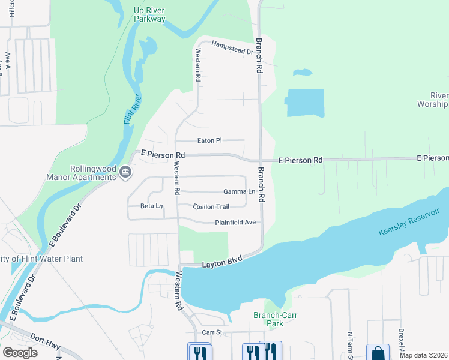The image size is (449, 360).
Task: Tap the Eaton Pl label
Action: point(210,140)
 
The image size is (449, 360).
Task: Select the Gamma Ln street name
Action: point(239,192)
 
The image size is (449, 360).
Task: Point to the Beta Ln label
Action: point(151,206)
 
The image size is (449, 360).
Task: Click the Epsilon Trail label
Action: point(211,207)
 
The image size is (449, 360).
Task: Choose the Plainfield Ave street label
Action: point(235,223)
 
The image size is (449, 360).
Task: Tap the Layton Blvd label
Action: point(221,260)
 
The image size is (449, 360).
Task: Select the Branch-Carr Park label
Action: point(276,319)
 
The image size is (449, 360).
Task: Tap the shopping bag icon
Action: point(378,353)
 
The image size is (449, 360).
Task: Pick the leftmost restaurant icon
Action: point(199,352)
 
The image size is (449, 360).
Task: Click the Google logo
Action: point(20,353)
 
